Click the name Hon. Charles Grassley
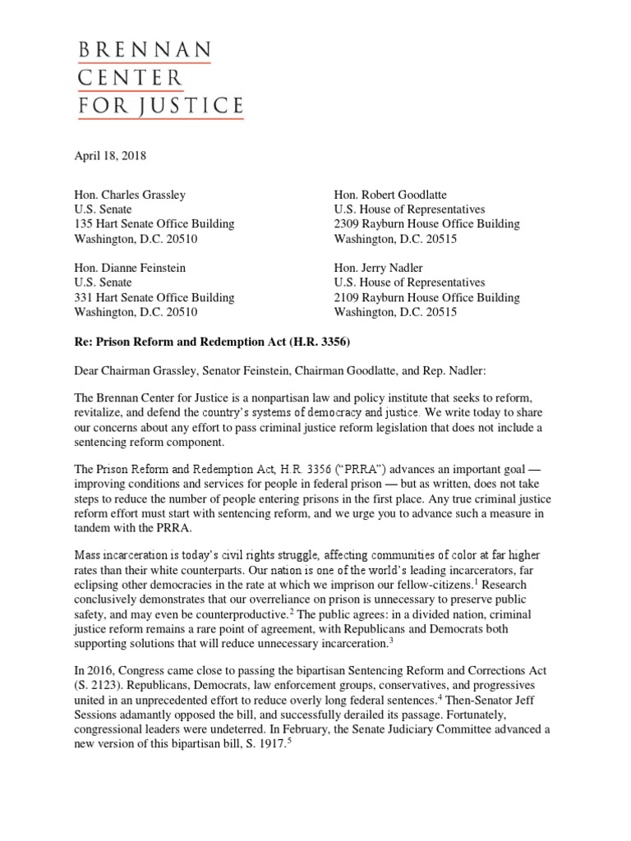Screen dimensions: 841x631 tap(130, 195)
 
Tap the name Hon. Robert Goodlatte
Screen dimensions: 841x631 tap(391, 195)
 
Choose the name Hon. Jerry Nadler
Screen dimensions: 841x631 tap(380, 268)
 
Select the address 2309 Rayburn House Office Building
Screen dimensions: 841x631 tap(426, 224)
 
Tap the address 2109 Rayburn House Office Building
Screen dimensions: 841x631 tap(426, 297)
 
